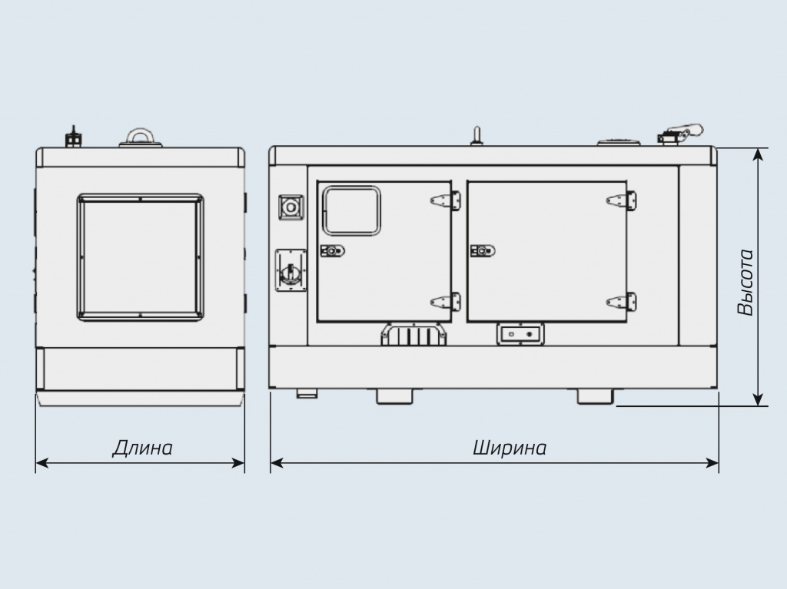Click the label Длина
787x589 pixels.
(x=142, y=447)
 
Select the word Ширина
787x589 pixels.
(x=510, y=447)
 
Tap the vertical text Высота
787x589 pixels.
(x=745, y=282)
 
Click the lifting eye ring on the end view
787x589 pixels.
(x=140, y=136)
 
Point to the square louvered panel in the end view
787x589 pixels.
(x=140, y=256)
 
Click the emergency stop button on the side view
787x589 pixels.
(x=291, y=207)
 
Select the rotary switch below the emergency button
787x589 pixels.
(x=291, y=271)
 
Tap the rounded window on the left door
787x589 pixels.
(x=351, y=210)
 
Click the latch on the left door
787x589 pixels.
(x=332, y=250)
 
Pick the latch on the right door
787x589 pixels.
(x=482, y=250)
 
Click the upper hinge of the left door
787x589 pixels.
(x=446, y=200)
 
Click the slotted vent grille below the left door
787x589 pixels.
(x=413, y=335)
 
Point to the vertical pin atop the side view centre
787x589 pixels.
(x=477, y=135)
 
